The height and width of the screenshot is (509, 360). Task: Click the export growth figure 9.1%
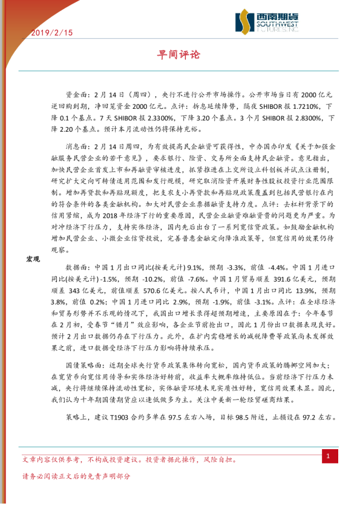click(195, 267)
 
